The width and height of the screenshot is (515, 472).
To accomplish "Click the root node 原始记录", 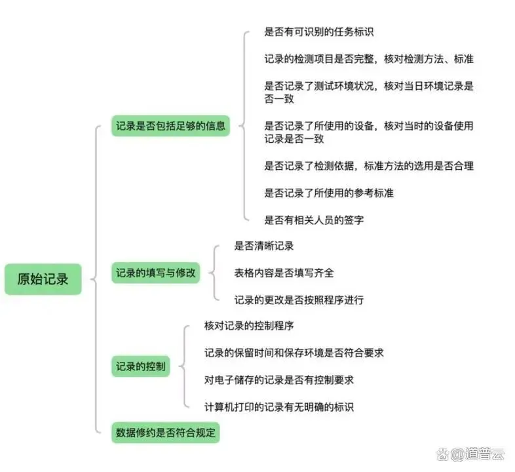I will pyautogui.click(x=43, y=279).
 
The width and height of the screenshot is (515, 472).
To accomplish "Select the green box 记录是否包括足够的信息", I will pyautogui.click(x=170, y=125).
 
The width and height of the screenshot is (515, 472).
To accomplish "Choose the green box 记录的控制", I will pyautogui.click(x=140, y=366).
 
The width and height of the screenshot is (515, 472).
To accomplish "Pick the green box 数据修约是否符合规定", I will pyautogui.click(x=166, y=432).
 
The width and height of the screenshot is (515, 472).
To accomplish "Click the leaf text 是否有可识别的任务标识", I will pyautogui.click(x=318, y=31).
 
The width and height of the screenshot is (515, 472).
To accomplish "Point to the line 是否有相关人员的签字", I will pyautogui.click(x=314, y=220).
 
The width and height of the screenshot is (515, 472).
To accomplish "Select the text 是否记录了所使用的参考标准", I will pyautogui.click(x=329, y=193).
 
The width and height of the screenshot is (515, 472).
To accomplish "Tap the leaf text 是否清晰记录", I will pyautogui.click(x=264, y=246).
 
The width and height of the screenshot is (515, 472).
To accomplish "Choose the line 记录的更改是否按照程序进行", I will pyautogui.click(x=299, y=300).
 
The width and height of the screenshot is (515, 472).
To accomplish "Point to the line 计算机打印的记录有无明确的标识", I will pyautogui.click(x=279, y=407).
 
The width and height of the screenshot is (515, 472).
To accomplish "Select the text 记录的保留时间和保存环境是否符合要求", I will pyautogui.click(x=294, y=353).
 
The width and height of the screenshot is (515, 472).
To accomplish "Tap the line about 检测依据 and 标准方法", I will pyautogui.click(x=369, y=165).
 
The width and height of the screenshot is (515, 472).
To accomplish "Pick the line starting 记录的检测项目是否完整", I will pyautogui.click(x=369, y=59).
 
